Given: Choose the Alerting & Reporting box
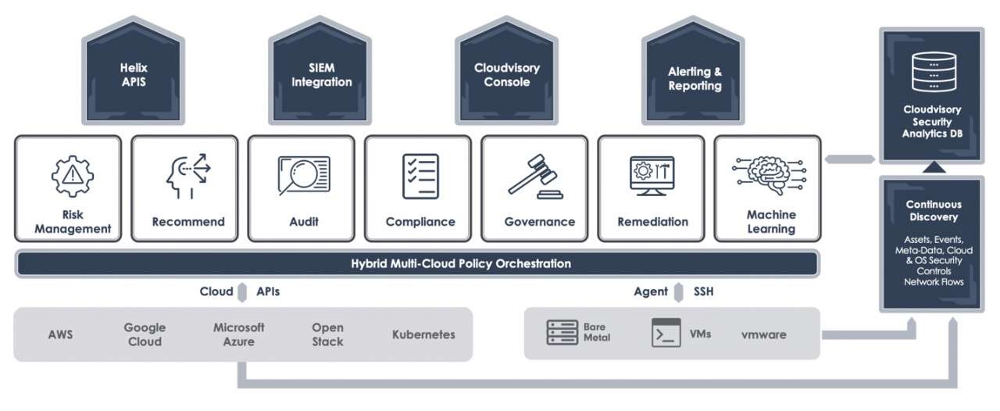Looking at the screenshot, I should coord(694,79).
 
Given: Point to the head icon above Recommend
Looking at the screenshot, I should coord(187,177).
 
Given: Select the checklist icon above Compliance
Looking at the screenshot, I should coord(420,176).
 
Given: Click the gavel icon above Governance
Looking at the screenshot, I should coord(538,177).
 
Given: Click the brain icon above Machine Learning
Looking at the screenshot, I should coord(770,174).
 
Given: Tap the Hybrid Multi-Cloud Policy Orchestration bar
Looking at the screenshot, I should coord(416,263).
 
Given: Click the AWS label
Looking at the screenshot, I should coord(60,334).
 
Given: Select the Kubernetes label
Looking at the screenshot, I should coord(423,334).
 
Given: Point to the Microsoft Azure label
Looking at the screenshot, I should coord(239,334).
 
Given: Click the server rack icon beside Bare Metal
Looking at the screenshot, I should coord(562,332).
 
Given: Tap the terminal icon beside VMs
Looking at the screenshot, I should coord(666,333).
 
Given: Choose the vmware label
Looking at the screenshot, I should coord(763,335).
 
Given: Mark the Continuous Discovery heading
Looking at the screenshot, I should coord(933,210).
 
